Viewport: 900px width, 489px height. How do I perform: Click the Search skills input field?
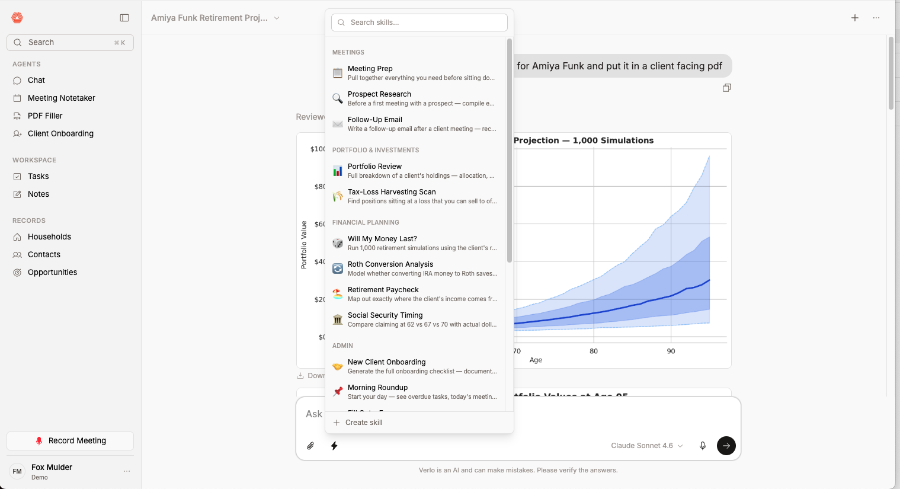click(x=423, y=23)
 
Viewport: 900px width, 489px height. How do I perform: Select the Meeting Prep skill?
click(x=415, y=73)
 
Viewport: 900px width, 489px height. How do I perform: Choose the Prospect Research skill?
click(x=415, y=98)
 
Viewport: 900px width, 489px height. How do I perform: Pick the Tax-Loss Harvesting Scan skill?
click(x=415, y=196)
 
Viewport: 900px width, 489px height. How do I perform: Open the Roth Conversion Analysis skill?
click(x=415, y=269)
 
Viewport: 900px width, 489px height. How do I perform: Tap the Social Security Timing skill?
click(x=415, y=319)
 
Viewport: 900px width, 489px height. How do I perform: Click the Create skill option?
click(x=364, y=423)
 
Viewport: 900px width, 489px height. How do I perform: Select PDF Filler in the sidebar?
click(x=45, y=116)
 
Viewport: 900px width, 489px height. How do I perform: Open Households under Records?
click(x=49, y=237)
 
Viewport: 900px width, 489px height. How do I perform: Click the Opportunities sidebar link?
click(x=52, y=273)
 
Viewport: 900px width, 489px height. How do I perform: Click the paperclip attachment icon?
click(x=310, y=446)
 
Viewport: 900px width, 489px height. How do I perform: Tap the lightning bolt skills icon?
click(x=334, y=446)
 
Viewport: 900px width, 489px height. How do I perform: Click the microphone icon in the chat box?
click(x=703, y=446)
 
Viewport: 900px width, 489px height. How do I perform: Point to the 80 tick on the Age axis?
click(x=594, y=351)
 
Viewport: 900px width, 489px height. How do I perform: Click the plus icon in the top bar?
click(x=855, y=18)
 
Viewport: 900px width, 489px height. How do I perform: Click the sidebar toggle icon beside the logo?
click(x=124, y=18)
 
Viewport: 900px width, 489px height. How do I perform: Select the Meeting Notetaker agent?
click(x=61, y=98)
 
